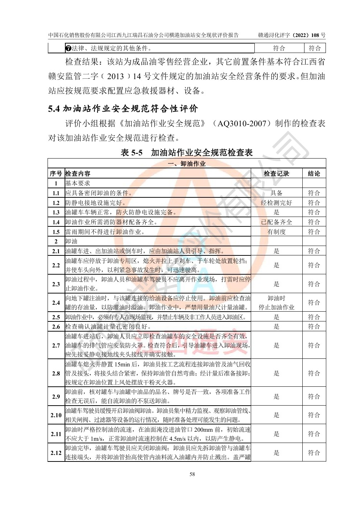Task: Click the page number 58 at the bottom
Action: pyautogui.click(x=192, y=474)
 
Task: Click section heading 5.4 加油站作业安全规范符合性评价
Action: pyautogui.click(x=123, y=108)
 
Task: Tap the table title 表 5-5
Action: pyautogui.click(x=132, y=153)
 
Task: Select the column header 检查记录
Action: pyautogui.click(x=276, y=173)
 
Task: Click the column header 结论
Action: pyautogui.click(x=314, y=173)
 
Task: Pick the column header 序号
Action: pyautogui.click(x=56, y=173)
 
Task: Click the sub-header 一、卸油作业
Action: pyautogui.click(x=187, y=164)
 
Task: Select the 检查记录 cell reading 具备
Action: pyautogui.click(x=276, y=193)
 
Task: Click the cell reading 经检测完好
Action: pyautogui.click(x=276, y=203)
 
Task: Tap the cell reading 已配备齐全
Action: pyautogui.click(x=276, y=222)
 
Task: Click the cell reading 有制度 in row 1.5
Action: pyautogui.click(x=276, y=232)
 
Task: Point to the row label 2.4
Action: pyautogui.click(x=56, y=303)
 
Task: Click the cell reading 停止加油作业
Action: pyautogui.click(x=276, y=307)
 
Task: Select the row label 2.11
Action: pyautogui.click(x=56, y=434)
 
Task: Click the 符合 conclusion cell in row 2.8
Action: pyautogui.click(x=314, y=373)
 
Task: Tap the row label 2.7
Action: pyautogui.click(x=56, y=345)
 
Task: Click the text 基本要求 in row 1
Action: pyautogui.click(x=78, y=183)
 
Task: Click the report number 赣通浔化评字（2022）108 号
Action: pyautogui.click(x=291, y=35)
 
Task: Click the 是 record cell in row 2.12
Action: pyautogui.click(x=276, y=453)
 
